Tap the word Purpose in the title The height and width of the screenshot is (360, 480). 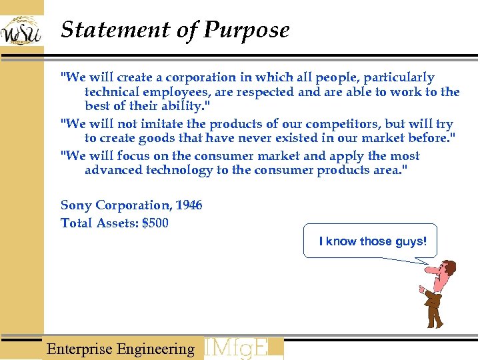pos(247,31)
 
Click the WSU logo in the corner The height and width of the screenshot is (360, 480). pos(21,31)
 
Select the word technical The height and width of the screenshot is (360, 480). pos(111,92)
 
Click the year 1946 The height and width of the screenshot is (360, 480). pos(189,205)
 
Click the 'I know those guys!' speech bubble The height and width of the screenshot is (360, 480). pos(371,241)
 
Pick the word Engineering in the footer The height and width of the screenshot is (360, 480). pos(155,349)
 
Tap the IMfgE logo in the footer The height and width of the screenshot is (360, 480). pos(243,349)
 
